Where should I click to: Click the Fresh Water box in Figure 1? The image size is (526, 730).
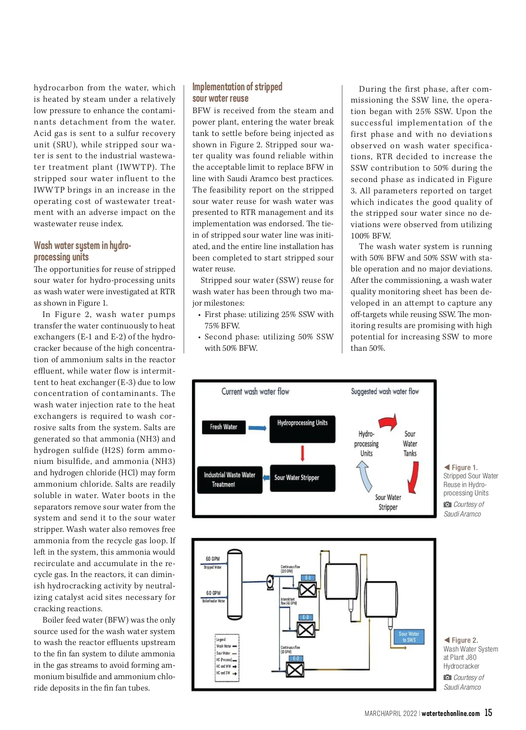[224, 427]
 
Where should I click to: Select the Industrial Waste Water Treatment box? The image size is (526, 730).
[229, 480]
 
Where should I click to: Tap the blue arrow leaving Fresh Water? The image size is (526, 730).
[257, 428]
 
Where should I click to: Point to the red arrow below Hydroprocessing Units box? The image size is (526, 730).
[302, 453]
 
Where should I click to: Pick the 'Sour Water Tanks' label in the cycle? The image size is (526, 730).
[410, 444]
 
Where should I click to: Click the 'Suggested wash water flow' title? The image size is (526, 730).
[385, 392]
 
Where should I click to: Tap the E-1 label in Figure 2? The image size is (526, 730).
[308, 577]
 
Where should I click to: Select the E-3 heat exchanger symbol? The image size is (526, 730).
[306, 630]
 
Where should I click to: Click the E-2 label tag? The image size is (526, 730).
[296, 658]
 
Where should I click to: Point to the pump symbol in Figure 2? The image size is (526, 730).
[271, 582]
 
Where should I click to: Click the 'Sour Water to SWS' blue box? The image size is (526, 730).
[409, 637]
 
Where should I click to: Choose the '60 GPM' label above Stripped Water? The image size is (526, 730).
[213, 559]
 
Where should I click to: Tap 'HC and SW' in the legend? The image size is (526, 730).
[223, 673]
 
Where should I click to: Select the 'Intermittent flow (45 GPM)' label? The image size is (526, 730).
[288, 601]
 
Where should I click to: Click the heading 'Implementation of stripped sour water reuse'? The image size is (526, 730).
[237, 93]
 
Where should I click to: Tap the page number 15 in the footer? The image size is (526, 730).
[488, 713]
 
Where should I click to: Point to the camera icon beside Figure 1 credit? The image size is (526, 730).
[447, 505]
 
